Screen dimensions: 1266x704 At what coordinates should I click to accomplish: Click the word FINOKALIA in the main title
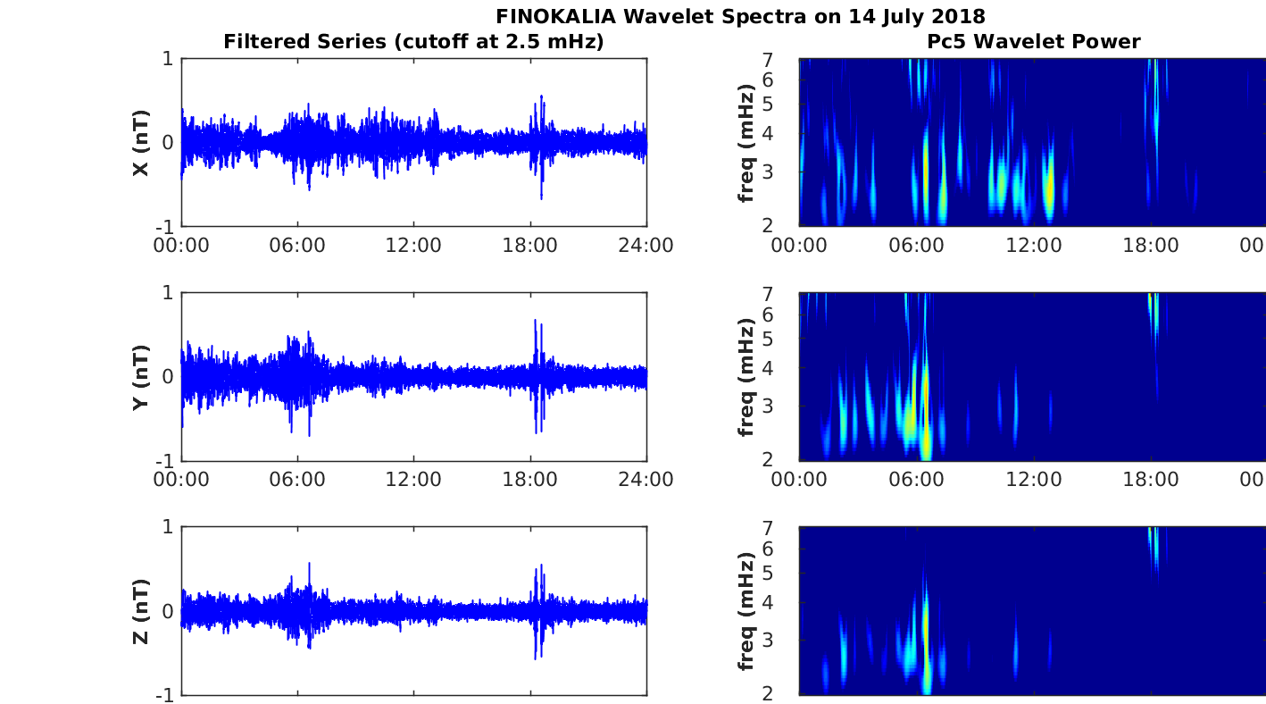[x=555, y=16]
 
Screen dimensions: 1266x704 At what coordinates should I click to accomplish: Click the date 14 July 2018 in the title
[x=917, y=17]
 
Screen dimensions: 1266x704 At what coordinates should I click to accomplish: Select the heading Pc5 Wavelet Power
[x=1034, y=41]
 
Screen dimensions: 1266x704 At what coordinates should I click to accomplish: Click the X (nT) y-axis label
[x=141, y=143]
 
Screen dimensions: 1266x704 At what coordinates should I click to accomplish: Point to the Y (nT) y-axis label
[x=141, y=377]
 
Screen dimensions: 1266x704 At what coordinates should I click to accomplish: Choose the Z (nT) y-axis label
[x=141, y=612]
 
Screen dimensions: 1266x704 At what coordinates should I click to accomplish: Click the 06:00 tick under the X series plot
[x=297, y=246]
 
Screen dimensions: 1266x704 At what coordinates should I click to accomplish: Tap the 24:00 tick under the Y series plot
[x=645, y=480]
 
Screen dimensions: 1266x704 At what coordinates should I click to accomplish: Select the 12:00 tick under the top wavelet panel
[x=1034, y=246]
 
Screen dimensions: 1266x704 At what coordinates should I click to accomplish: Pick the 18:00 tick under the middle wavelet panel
[x=1151, y=480]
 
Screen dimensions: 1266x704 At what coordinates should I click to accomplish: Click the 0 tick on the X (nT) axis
[x=168, y=142]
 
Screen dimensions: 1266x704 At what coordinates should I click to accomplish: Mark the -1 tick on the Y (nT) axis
[x=164, y=461]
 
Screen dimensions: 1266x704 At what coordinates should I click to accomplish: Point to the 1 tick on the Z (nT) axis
[x=168, y=527]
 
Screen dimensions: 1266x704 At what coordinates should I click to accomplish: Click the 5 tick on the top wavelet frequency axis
[x=768, y=105]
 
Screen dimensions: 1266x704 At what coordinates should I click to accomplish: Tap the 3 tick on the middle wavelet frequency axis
[x=768, y=406]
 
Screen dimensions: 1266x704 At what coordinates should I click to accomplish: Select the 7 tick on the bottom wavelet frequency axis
[x=768, y=528]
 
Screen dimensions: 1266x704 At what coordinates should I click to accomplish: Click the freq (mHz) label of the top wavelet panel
[x=746, y=143]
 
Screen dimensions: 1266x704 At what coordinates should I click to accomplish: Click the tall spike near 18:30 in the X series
[x=541, y=147]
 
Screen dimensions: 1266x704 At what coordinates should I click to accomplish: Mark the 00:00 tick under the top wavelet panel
[x=799, y=246]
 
